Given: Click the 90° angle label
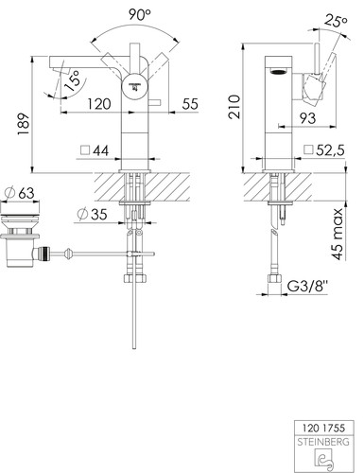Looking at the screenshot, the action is (140, 14).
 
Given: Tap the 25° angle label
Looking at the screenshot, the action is (336, 22).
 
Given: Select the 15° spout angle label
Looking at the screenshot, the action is (72, 81).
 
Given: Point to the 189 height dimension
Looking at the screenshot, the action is (24, 124).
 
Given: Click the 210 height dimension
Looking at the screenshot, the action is (234, 107).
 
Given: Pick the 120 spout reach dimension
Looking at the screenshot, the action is (99, 104).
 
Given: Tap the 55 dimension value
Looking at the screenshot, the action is (190, 104).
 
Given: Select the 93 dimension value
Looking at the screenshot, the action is (307, 118).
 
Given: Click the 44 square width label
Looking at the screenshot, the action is (95, 150).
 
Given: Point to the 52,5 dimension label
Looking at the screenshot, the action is (324, 150).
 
